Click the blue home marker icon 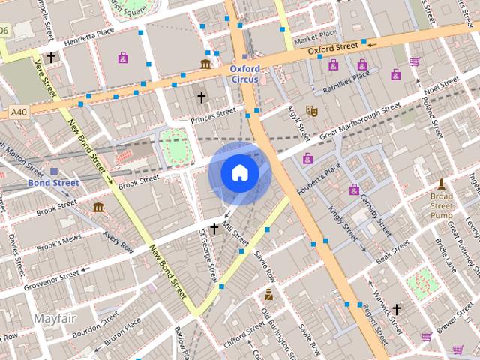coord(239,173)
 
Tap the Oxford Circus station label coord(244,74)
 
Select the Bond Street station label coord(53,182)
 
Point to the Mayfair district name coord(55,319)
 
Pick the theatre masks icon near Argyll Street coord(312,111)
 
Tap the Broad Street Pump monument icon coord(442,184)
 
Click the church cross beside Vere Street coord(51,57)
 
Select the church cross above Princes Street coord(201,97)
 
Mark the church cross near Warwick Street coord(397,308)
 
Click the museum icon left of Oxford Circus coord(205,64)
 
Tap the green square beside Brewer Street coord(421,283)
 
